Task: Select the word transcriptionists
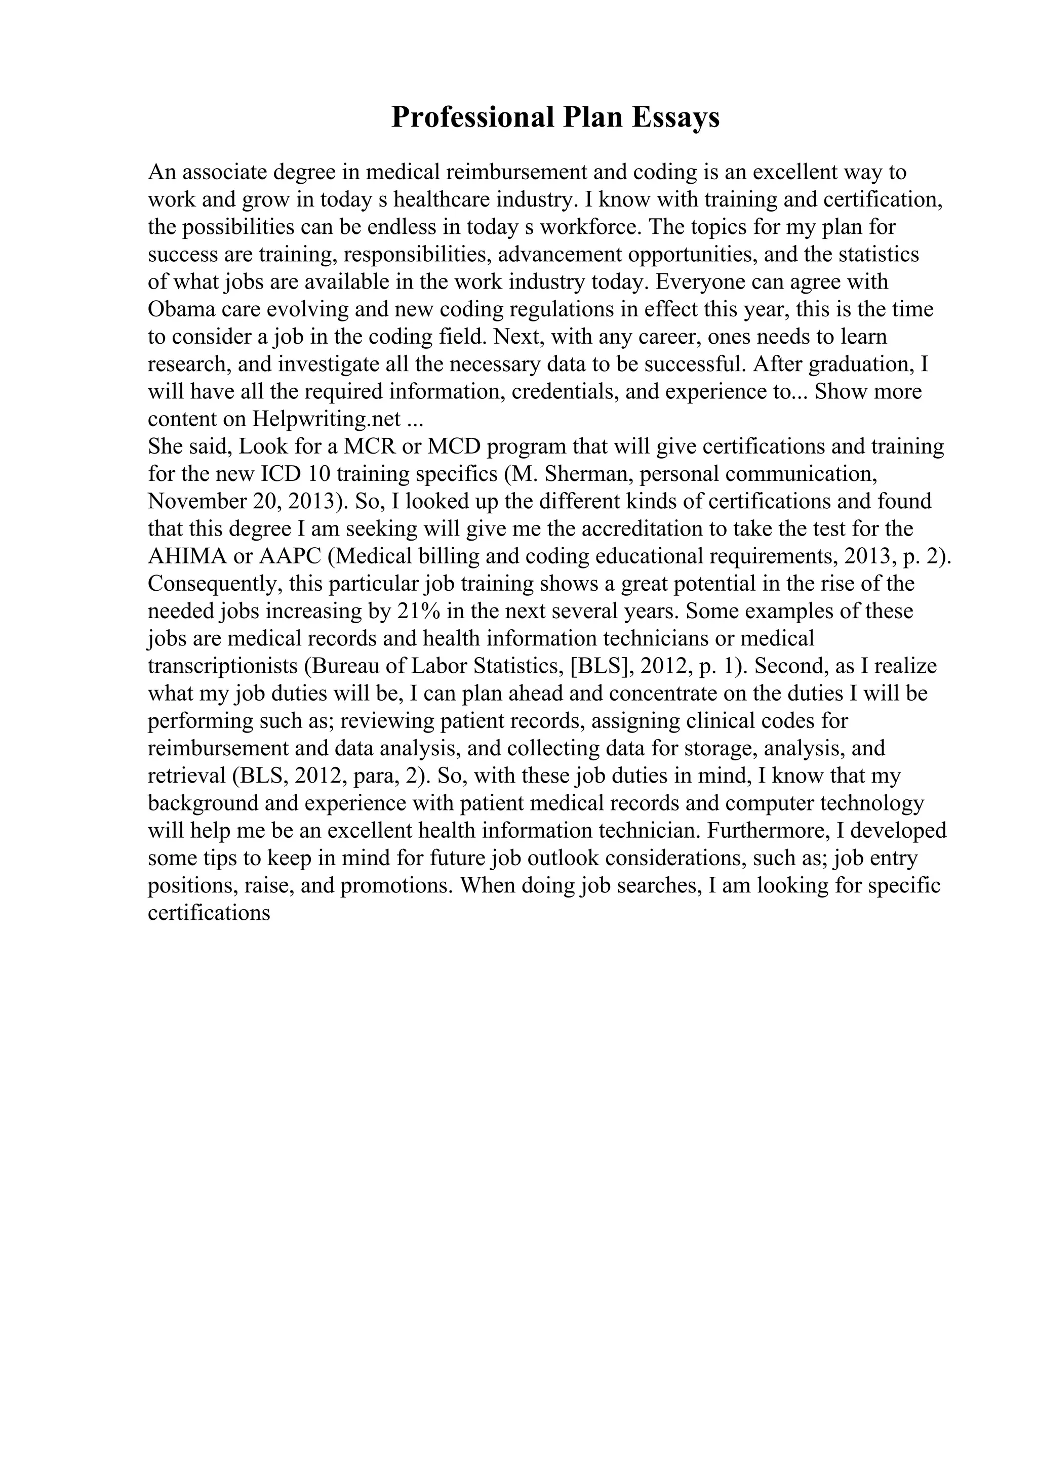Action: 223,666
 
